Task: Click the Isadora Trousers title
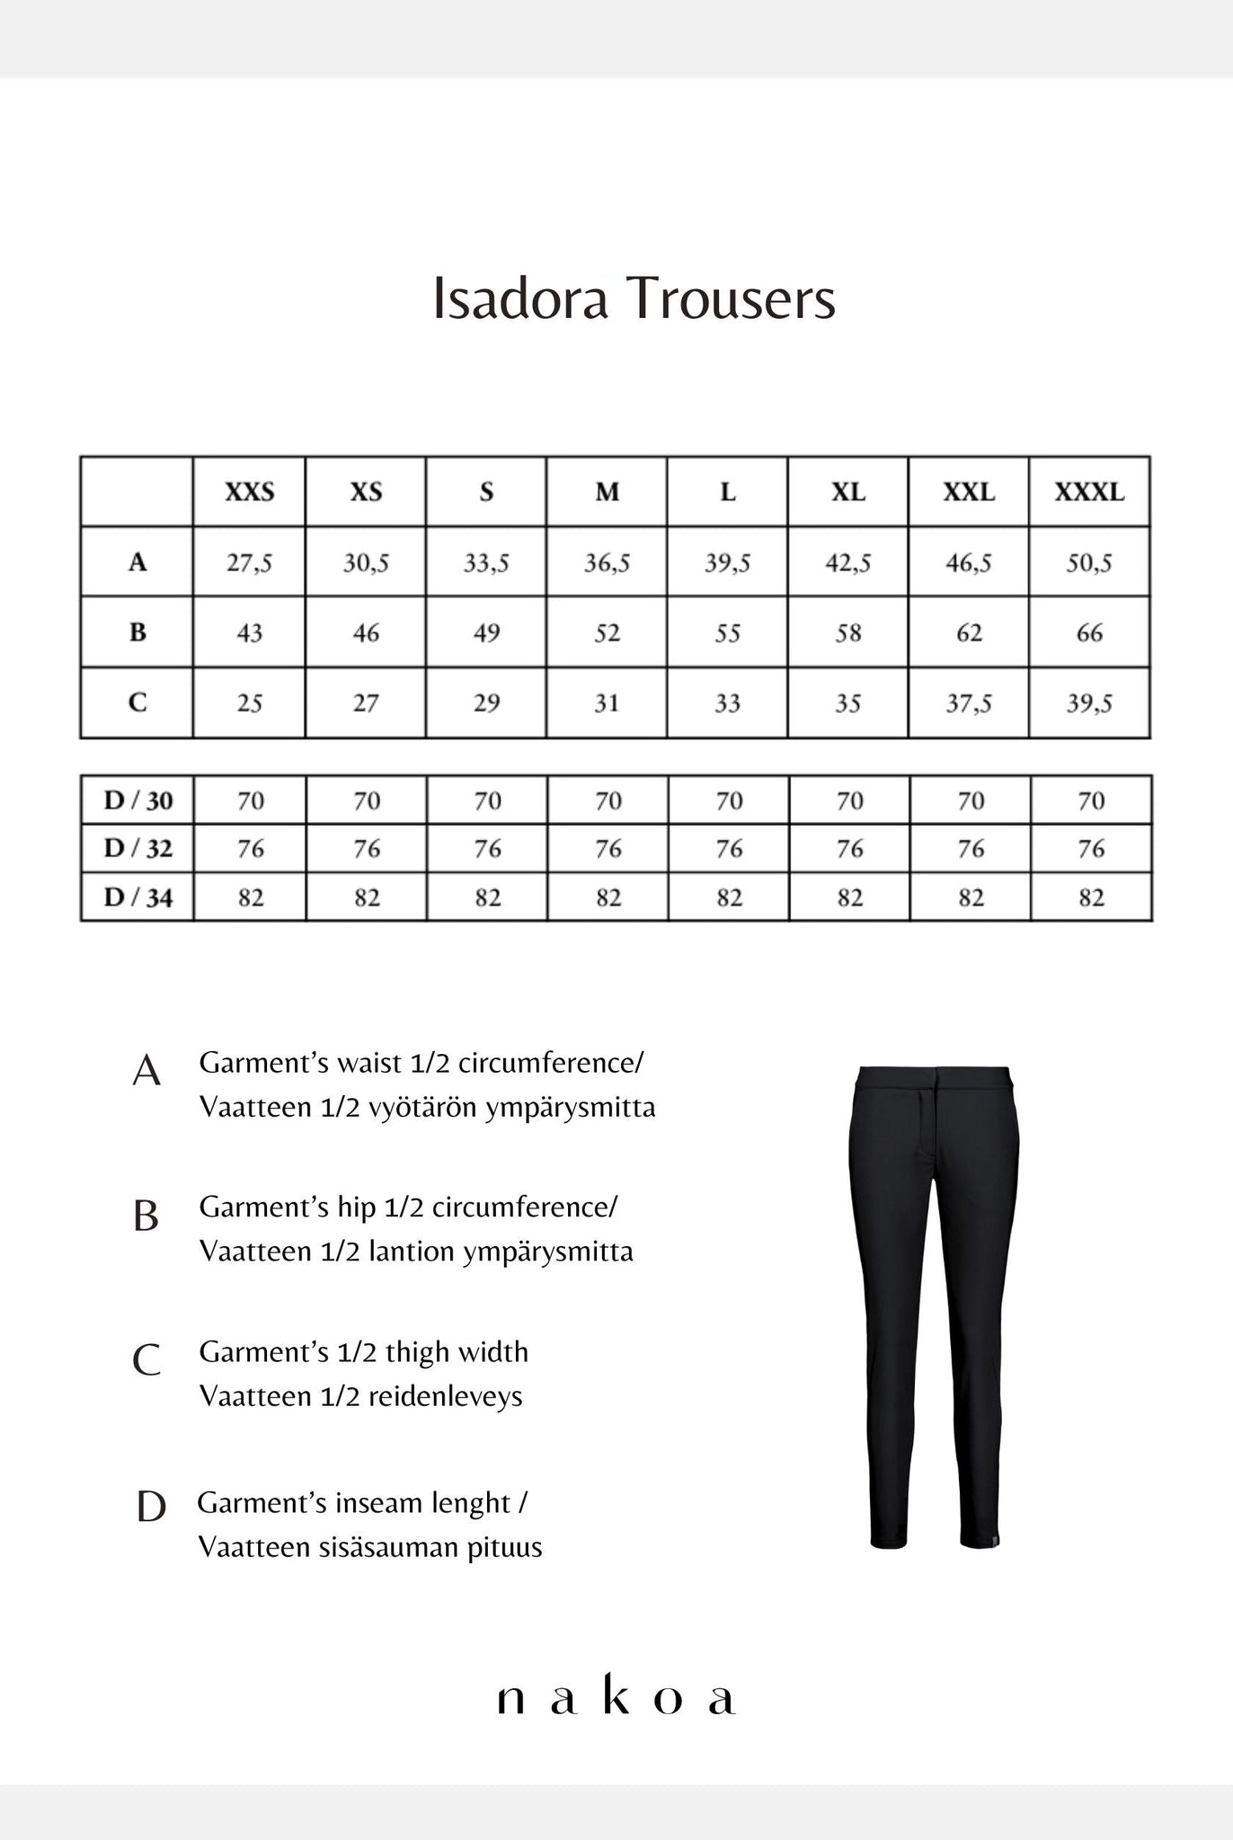coord(634,298)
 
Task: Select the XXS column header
coord(249,492)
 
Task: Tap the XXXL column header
coord(1089,492)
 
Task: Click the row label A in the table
coord(137,562)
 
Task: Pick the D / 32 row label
coord(137,848)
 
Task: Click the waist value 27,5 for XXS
coord(249,563)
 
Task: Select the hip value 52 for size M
coord(607,633)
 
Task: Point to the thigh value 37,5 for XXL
coord(969,703)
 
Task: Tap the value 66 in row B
coord(1089,633)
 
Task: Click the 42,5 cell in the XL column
coord(848,563)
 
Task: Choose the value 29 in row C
coord(486,703)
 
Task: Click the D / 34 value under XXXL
coord(1091,898)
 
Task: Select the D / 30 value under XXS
coord(251,801)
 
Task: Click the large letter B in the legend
coord(146,1216)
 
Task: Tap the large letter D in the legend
coord(151,1507)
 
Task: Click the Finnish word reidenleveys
coord(446,1396)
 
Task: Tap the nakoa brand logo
coord(616,1697)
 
